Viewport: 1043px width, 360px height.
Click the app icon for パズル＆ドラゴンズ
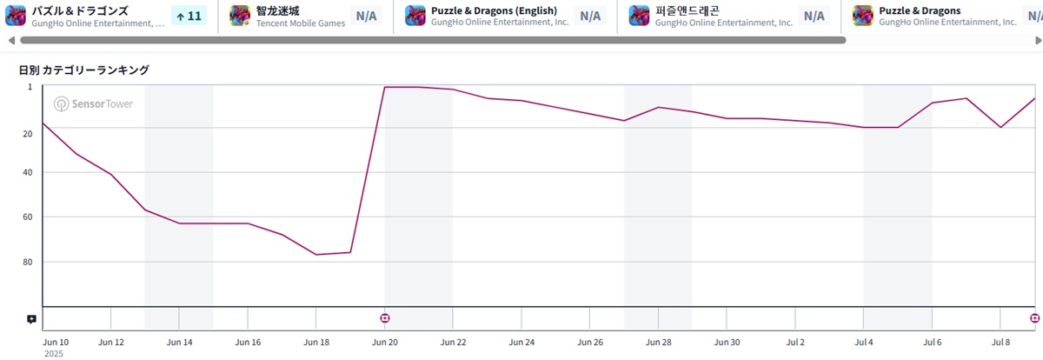pos(16,16)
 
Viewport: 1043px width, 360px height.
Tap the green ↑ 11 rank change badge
pos(188,16)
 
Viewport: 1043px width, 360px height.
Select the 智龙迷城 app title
pos(278,10)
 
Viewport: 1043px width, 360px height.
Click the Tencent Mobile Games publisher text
pos(300,23)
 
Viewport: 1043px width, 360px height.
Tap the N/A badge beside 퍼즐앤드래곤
pos(814,16)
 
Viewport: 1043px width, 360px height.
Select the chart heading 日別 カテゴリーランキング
pos(84,70)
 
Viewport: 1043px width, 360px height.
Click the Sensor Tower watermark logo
pos(93,104)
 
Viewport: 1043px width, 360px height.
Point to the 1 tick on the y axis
pos(30,87)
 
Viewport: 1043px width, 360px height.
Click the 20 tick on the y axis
pos(27,133)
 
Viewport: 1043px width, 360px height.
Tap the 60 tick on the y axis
pos(27,217)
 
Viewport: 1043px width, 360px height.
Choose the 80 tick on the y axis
pos(27,262)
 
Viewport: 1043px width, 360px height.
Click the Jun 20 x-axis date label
pos(385,342)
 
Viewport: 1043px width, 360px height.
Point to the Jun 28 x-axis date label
pos(659,342)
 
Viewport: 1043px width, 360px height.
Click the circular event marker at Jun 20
pos(385,318)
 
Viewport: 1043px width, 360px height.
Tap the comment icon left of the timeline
pos(31,319)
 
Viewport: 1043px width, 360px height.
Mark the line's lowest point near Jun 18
pos(316,254)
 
